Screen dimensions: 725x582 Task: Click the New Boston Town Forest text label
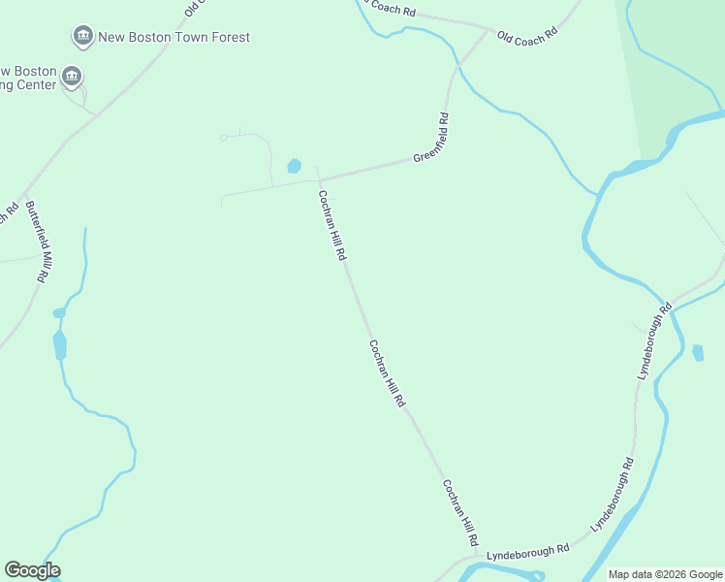[174, 38]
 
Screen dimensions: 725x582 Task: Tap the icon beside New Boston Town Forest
[83, 38]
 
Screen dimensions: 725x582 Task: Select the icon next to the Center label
[71, 76]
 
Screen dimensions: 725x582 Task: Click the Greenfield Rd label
[430, 138]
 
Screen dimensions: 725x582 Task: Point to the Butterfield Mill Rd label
[37, 241]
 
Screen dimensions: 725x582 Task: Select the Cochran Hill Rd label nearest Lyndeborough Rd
[461, 512]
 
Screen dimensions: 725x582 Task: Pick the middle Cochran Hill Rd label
[386, 373]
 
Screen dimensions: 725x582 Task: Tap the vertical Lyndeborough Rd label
[651, 343]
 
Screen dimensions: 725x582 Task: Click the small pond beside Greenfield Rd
[294, 166]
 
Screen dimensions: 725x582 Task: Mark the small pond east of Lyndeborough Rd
[698, 352]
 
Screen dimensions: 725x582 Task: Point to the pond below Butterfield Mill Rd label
[60, 343]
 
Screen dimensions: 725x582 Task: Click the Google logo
[32, 570]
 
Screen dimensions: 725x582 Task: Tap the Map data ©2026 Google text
[665, 574]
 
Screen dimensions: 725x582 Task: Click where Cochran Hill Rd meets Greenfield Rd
[317, 179]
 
